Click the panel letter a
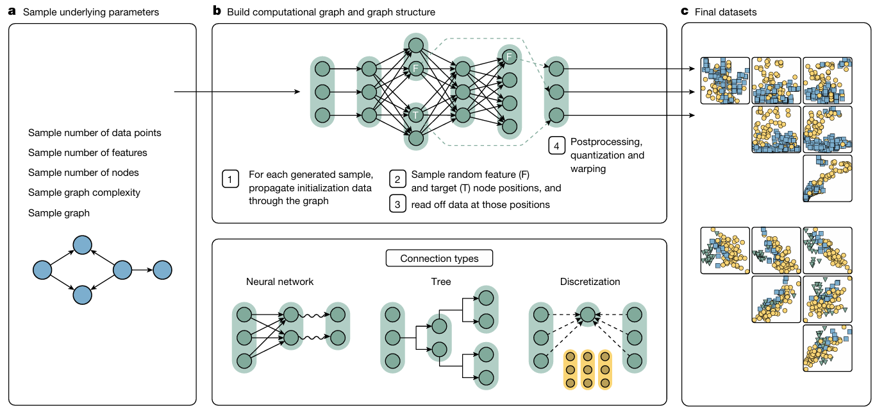pyautogui.click(x=12, y=12)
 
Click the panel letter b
pyautogui.click(x=217, y=12)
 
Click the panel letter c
pyautogui.click(x=685, y=12)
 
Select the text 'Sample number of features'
pyautogui.click(x=88, y=153)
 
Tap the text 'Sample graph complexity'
pyautogui.click(x=84, y=193)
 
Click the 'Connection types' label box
pyautogui.click(x=439, y=259)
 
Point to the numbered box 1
pyautogui.click(x=229, y=179)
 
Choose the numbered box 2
pyautogui.click(x=397, y=179)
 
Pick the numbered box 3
pyautogui.click(x=397, y=203)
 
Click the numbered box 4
pyautogui.click(x=556, y=146)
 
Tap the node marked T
pyautogui.click(x=416, y=116)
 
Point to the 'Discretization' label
pyautogui.click(x=590, y=281)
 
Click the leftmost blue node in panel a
pyautogui.click(x=42, y=270)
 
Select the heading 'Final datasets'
pyautogui.click(x=721, y=12)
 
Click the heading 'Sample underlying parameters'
pyautogui.click(x=92, y=12)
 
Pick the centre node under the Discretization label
pyautogui.click(x=587, y=315)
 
